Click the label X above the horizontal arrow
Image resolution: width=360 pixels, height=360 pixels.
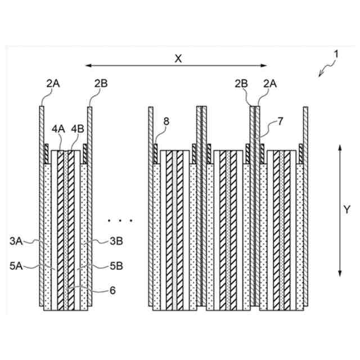point(178,58)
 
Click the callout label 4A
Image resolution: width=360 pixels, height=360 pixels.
point(58,128)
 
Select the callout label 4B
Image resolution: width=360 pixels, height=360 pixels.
point(77,128)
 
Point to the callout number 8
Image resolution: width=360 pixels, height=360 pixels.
point(165,120)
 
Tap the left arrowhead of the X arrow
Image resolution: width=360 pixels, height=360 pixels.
point(87,66)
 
